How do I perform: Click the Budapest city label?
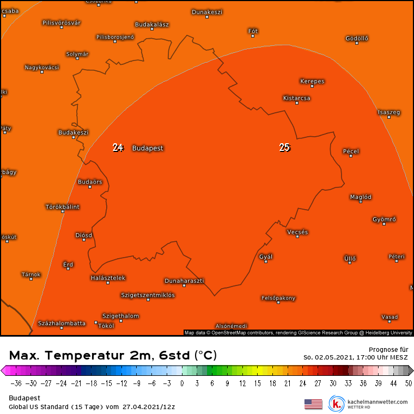(148, 148)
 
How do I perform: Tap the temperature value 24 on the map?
(118, 148)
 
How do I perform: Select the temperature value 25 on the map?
(284, 148)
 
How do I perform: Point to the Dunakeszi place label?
(207, 12)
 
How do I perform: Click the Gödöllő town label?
(357, 38)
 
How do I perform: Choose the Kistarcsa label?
(297, 98)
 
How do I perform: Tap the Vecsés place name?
(297, 232)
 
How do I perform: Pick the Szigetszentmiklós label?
(148, 295)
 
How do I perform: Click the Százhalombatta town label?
(62, 324)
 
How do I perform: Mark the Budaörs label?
(90, 182)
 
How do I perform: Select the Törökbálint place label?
(62, 207)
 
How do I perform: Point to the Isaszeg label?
(389, 113)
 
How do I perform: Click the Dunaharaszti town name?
(184, 281)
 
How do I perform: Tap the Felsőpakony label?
(278, 298)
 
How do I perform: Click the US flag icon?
(313, 404)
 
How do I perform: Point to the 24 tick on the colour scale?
(302, 383)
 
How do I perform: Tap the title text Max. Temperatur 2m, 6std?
(113, 356)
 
